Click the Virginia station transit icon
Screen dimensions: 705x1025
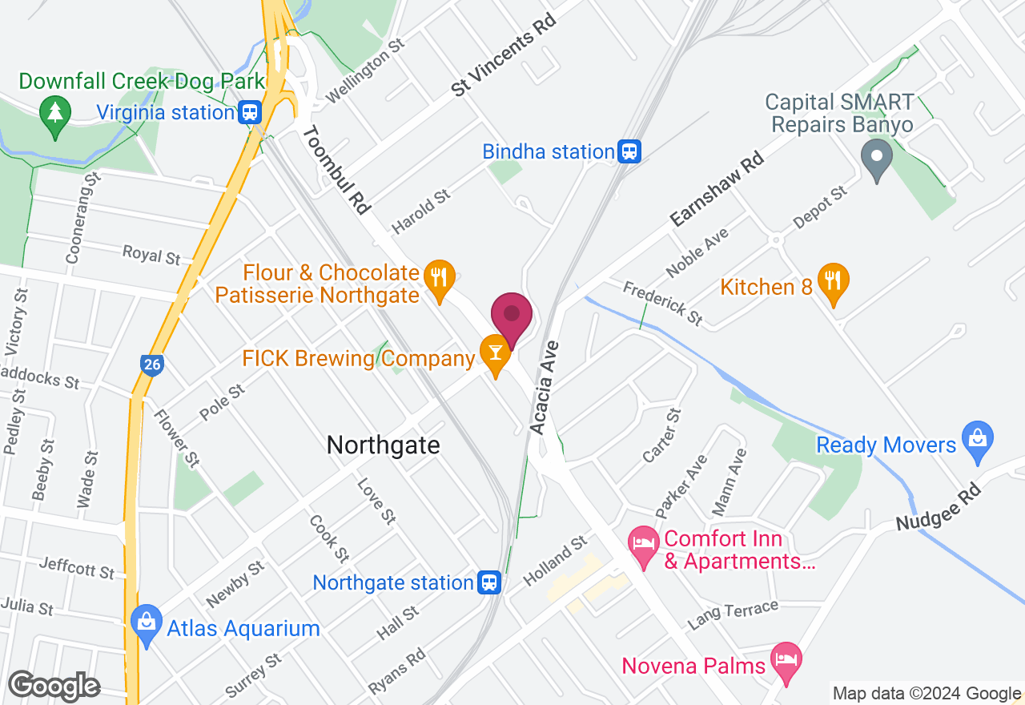250,112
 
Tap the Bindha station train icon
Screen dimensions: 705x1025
630,151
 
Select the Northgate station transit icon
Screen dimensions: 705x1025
489,582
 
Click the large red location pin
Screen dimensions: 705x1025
512,316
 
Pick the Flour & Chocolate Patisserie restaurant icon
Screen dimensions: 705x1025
438,277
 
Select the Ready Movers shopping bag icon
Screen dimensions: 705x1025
978,439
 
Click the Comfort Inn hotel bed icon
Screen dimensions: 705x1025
643,545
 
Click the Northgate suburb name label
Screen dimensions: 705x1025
383,445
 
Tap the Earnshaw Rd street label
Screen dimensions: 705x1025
717,190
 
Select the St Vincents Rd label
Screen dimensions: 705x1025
504,54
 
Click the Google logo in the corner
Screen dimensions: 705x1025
54,686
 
